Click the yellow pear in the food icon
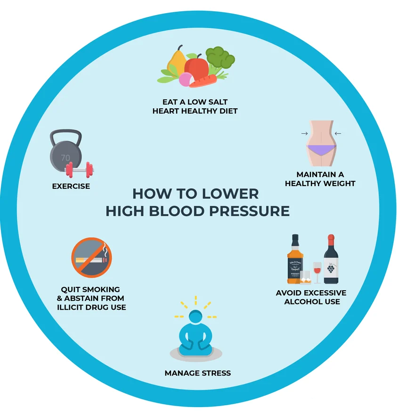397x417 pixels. click(176, 62)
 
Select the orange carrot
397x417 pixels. click(203, 81)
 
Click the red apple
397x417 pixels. click(197, 67)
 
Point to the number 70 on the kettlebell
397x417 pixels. click(65, 158)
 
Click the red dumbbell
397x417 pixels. click(79, 170)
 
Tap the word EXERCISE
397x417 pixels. click(71, 186)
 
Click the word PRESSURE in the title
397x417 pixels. click(249, 211)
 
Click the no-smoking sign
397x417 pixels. click(91, 258)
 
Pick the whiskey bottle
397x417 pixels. click(295, 259)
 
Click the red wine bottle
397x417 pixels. click(331, 259)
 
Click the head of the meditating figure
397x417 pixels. click(195, 317)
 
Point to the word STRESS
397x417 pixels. click(216, 373)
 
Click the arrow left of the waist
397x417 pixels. click(305, 133)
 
